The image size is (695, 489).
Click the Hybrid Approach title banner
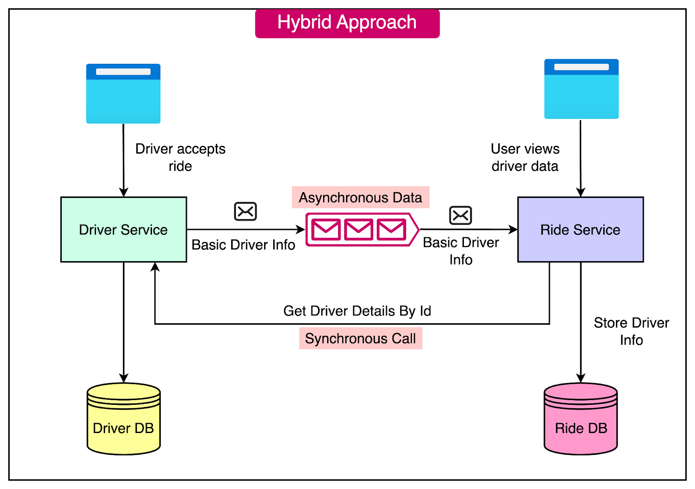[347, 23]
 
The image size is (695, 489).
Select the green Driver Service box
[124, 230]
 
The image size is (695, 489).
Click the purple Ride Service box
[580, 230]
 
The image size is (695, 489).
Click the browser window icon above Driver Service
[123, 94]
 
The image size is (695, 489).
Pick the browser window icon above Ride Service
[581, 89]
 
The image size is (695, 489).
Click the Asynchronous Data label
[360, 197]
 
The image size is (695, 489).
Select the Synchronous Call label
[360, 338]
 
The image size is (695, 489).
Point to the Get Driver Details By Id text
[357, 311]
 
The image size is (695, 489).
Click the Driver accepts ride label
[180, 157]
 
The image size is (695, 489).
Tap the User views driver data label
[525, 157]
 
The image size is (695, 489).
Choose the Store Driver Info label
[631, 331]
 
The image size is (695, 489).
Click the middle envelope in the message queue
[359, 230]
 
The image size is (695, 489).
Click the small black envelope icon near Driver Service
[245, 212]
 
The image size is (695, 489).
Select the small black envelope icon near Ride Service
[460, 215]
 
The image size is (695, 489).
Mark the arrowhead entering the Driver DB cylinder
[124, 378]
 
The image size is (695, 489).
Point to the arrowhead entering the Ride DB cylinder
[581, 378]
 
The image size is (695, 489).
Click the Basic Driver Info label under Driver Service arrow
[243, 245]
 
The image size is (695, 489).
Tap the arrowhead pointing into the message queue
[301, 229]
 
